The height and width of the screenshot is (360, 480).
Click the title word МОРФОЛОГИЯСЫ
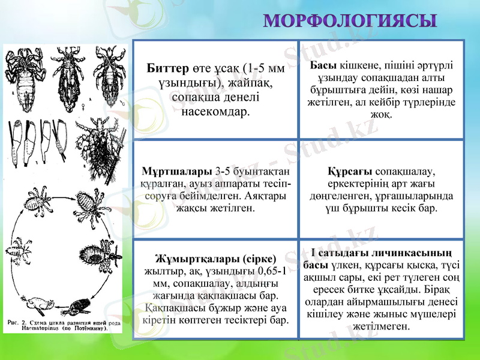[x=350, y=22]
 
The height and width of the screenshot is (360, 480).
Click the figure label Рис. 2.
[x=17, y=322]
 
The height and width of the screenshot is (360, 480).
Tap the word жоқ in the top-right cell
[x=382, y=113]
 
